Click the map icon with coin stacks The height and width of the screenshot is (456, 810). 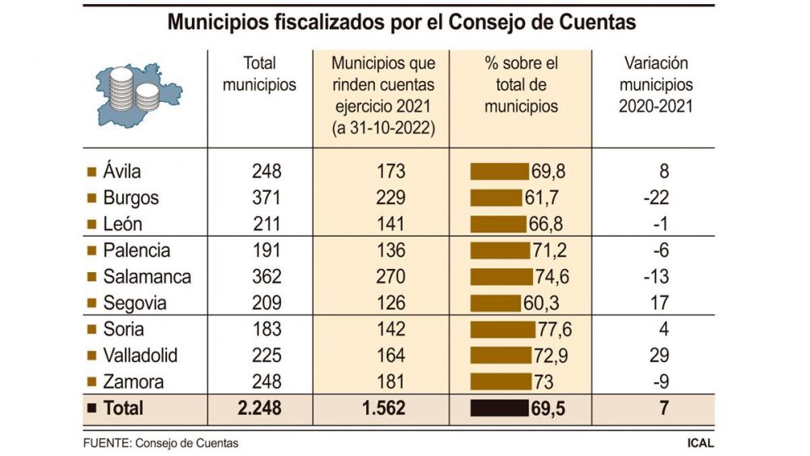click(139, 95)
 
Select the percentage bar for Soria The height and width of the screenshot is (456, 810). click(503, 330)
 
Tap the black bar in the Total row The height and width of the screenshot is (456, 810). click(500, 408)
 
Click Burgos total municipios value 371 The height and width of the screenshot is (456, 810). click(266, 198)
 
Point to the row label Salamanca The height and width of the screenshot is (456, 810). click(147, 277)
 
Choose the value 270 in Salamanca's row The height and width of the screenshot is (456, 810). click(390, 277)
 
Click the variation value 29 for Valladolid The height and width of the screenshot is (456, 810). click(659, 356)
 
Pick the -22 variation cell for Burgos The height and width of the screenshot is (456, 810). click(656, 198)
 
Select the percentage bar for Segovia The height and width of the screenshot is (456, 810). click(496, 303)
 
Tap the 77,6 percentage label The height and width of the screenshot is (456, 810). click(555, 330)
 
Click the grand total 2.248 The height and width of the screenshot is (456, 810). click(259, 408)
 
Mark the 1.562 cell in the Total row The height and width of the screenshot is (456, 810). click(384, 408)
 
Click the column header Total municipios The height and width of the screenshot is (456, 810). click(259, 74)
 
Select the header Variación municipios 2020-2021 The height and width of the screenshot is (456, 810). click(655, 85)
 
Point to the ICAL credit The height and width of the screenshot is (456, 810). click(701, 443)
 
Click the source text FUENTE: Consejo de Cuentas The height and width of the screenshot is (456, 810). click(160, 443)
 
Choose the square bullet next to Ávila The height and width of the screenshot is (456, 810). click(92, 172)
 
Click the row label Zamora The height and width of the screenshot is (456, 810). click(134, 382)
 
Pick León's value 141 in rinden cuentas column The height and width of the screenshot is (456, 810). click(390, 224)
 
